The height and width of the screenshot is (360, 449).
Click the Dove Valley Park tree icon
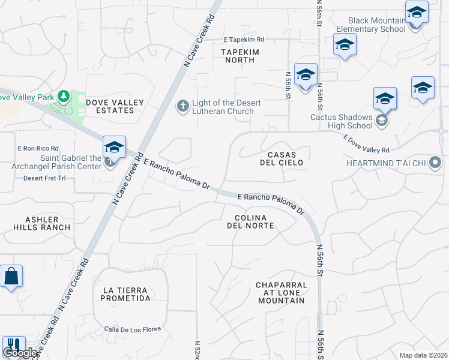pyautogui.click(x=64, y=96)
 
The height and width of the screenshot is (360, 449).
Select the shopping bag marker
pyautogui.click(x=11, y=277)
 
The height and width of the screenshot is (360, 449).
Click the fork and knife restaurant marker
pyautogui.click(x=13, y=346)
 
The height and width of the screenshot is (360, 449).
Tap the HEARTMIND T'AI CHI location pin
pyautogui.click(x=436, y=163)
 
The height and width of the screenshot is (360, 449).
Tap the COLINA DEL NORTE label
pyautogui.click(x=250, y=221)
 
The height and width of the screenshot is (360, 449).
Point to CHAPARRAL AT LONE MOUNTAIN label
pyautogui.click(x=281, y=293)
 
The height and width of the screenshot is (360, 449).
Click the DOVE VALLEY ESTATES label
pyautogui.click(x=115, y=106)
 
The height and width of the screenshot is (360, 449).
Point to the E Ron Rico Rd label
pyautogui.click(x=38, y=148)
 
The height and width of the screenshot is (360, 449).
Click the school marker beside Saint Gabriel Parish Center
pyautogui.click(x=114, y=146)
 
